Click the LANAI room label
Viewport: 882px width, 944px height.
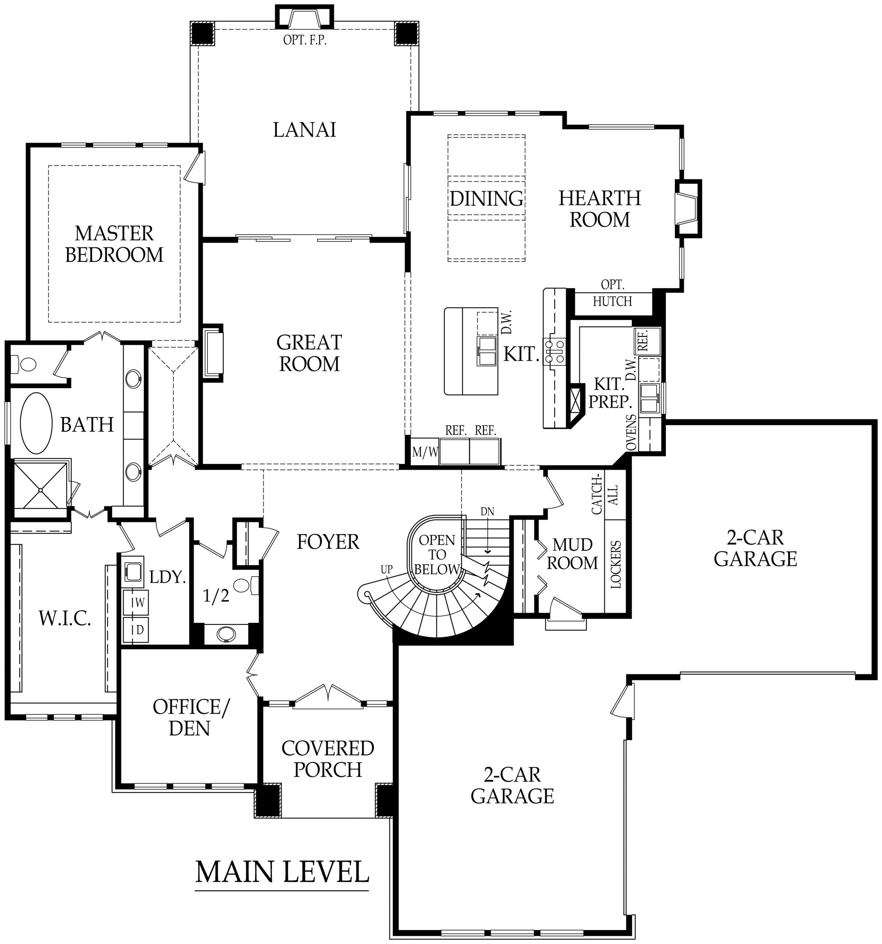point(304,130)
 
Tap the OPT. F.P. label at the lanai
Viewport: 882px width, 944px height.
point(305,40)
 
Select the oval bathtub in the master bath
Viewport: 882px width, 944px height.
point(36,423)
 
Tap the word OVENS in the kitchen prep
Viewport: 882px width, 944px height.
point(631,432)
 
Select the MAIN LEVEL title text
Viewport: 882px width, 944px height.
point(282,871)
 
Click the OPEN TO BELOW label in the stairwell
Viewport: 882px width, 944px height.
point(437,554)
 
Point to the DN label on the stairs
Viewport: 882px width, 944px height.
point(487,511)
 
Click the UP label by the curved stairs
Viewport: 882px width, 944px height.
point(386,569)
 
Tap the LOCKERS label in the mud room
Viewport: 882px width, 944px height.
point(616,565)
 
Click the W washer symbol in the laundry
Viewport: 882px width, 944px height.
point(136,603)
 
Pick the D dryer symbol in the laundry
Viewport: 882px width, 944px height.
point(136,630)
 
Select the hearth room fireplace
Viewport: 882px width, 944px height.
point(687,209)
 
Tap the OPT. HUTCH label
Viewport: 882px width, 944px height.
point(612,293)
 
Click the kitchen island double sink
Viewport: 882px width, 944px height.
point(487,351)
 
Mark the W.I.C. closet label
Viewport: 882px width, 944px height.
point(65,618)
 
